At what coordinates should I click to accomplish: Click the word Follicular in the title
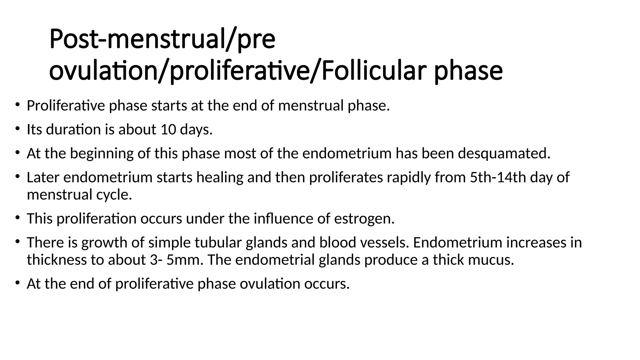point(374,71)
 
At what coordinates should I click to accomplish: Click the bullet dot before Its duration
point(17,128)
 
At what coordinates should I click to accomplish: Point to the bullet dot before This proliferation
point(17,217)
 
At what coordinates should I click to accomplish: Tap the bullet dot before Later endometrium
point(17,176)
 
